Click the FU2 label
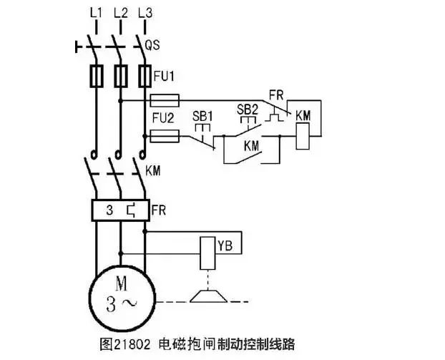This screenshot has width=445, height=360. (x=163, y=116)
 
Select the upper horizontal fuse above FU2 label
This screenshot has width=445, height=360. (x=165, y=99)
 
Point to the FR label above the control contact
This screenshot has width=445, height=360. (x=275, y=94)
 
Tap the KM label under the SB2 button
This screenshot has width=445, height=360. (x=251, y=145)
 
